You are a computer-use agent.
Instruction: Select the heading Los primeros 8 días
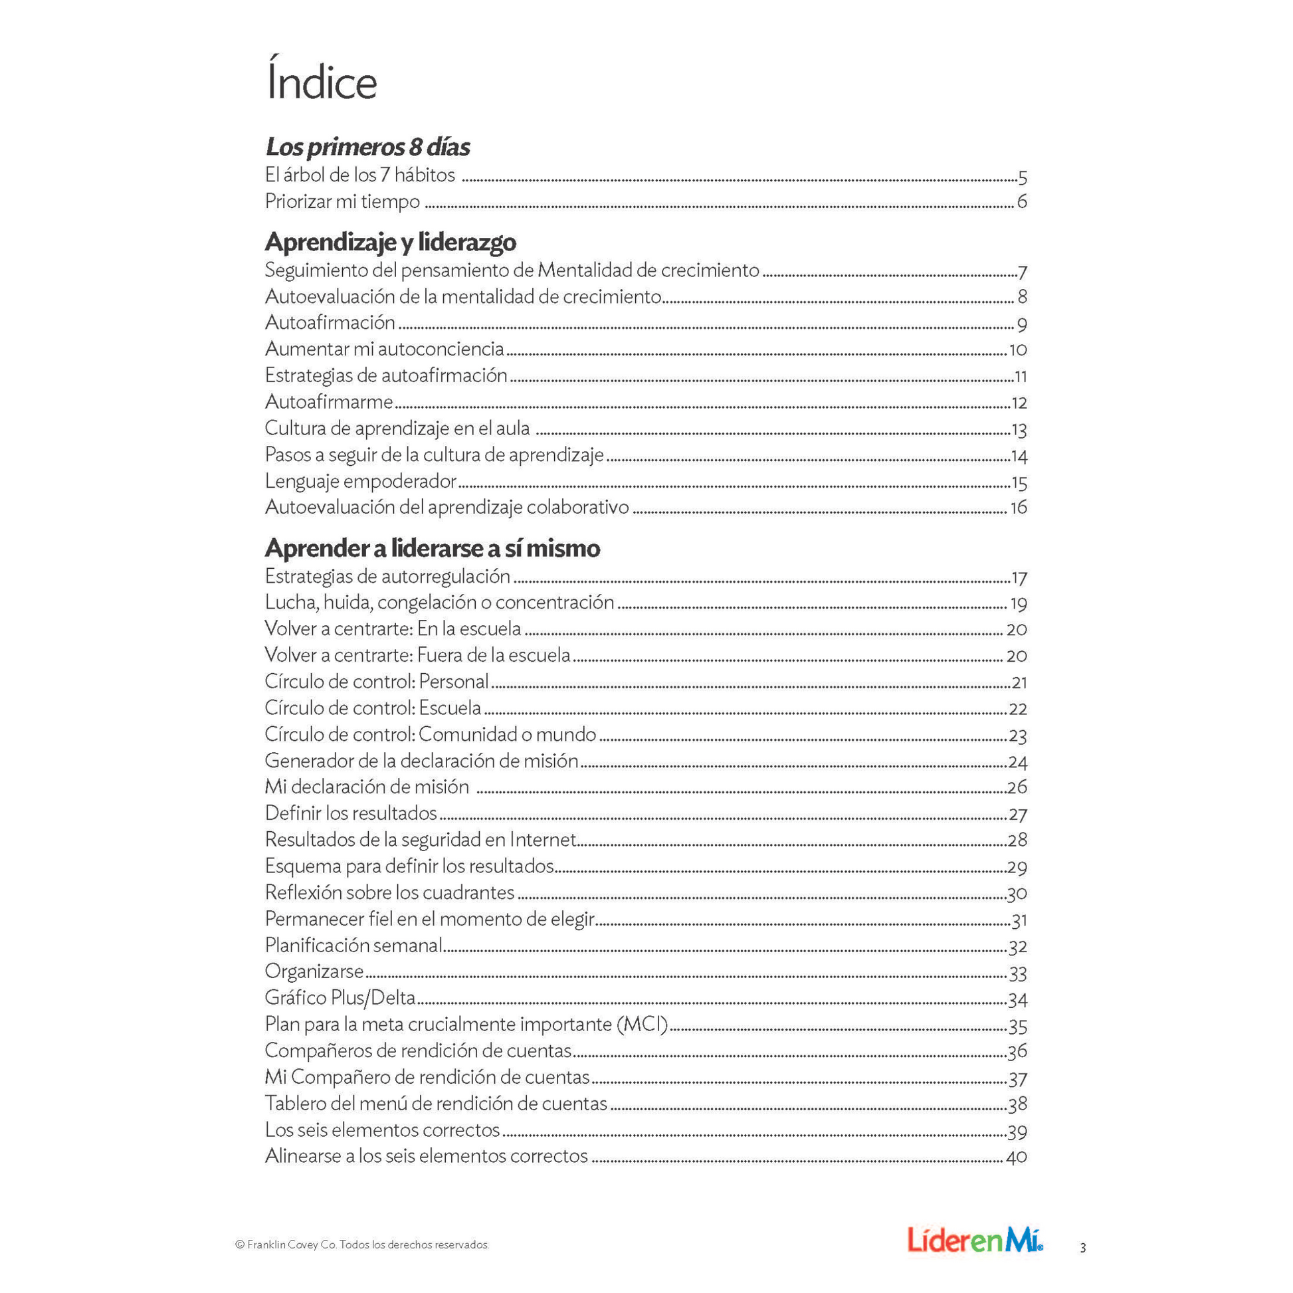click(367, 147)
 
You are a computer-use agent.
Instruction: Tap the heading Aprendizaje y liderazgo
click(390, 242)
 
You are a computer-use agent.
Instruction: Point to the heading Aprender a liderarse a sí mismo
click(433, 548)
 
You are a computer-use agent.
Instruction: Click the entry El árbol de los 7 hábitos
click(360, 175)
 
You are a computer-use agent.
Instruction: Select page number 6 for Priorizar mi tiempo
click(1021, 201)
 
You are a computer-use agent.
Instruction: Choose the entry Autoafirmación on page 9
click(330, 322)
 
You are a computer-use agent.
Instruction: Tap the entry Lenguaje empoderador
click(361, 481)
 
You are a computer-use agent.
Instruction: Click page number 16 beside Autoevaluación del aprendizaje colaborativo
click(1018, 508)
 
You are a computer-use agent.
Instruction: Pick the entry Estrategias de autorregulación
click(387, 576)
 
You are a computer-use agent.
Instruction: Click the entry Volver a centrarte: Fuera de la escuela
click(418, 654)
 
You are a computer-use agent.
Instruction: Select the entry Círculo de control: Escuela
click(373, 708)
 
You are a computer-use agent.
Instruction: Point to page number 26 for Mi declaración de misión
click(1017, 787)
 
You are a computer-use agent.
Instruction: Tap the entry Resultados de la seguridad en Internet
click(421, 839)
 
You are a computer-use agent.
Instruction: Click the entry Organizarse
click(314, 971)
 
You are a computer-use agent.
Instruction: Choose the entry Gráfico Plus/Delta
click(340, 998)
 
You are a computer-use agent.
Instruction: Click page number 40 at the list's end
click(1017, 1157)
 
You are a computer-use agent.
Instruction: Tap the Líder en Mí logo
click(975, 1239)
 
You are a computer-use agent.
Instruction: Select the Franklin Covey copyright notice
click(362, 1244)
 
